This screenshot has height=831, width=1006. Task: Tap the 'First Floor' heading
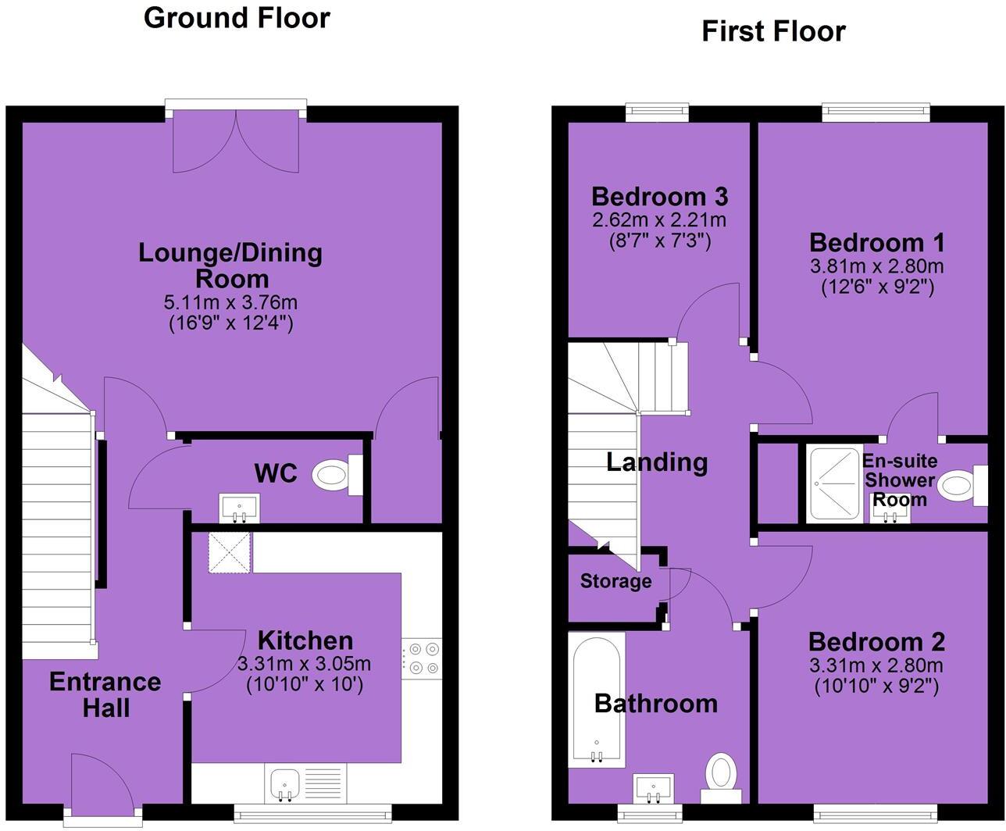tap(773, 32)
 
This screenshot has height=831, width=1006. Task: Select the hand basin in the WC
tap(240, 508)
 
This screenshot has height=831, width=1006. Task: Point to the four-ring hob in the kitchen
tap(422, 658)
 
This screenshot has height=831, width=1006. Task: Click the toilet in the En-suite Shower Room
tap(962, 486)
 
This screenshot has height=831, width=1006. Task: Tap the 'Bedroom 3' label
tap(659, 197)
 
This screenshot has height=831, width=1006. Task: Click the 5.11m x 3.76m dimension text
tap(230, 302)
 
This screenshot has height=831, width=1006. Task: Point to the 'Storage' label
tap(615, 581)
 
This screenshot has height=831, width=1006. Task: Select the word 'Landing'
tap(657, 463)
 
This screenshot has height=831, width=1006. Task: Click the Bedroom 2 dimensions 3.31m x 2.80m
tap(876, 665)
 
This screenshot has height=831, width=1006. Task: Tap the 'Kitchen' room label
tap(305, 640)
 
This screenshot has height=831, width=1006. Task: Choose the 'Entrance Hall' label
tap(105, 694)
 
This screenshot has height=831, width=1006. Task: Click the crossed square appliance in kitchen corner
tap(230, 552)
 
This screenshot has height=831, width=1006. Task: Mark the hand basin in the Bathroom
tap(653, 789)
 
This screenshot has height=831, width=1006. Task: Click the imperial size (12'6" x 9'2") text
tap(877, 287)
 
